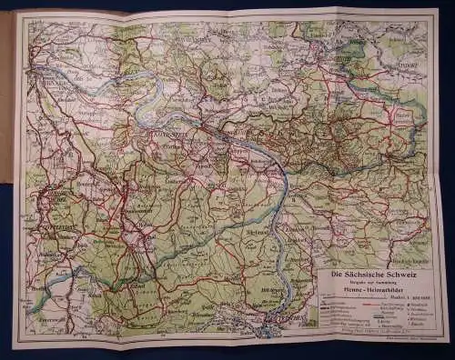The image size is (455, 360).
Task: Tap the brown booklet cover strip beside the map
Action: pos(6,91)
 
